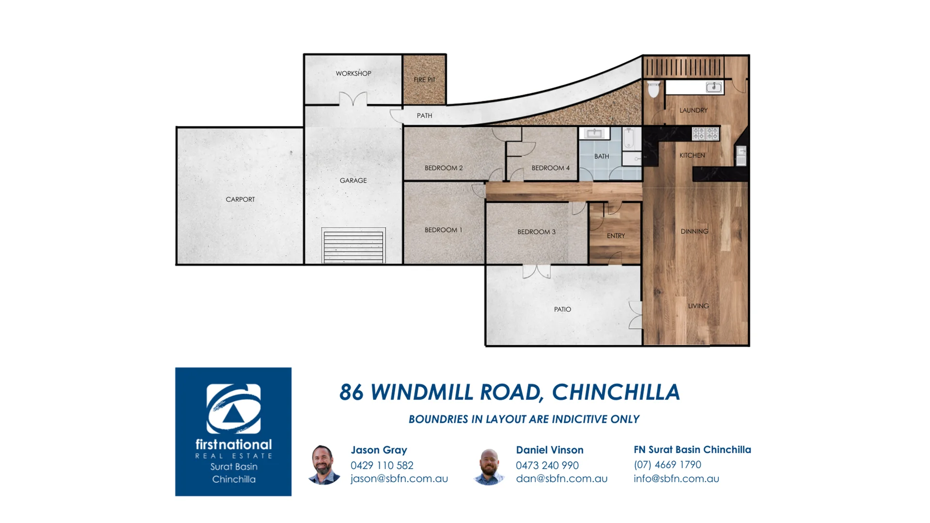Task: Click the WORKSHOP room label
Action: (x=353, y=74)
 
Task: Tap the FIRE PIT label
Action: (x=424, y=80)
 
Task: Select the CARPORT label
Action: (x=240, y=200)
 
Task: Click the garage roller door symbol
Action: (x=353, y=246)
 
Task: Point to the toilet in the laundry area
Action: (x=653, y=89)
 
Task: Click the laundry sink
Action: (x=713, y=87)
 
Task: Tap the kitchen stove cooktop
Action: (x=705, y=134)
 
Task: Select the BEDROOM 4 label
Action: (x=550, y=168)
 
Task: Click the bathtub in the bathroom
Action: (x=628, y=138)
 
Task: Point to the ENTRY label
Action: (x=616, y=236)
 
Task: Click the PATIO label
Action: (x=562, y=309)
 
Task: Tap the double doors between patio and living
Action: (x=635, y=315)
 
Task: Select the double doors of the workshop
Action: (x=353, y=99)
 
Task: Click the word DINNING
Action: (x=694, y=231)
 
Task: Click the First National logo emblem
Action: (x=233, y=409)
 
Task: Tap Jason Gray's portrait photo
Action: (x=324, y=465)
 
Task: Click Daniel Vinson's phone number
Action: (x=547, y=465)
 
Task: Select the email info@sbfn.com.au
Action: (x=676, y=479)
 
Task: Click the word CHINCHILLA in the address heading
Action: (x=616, y=392)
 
